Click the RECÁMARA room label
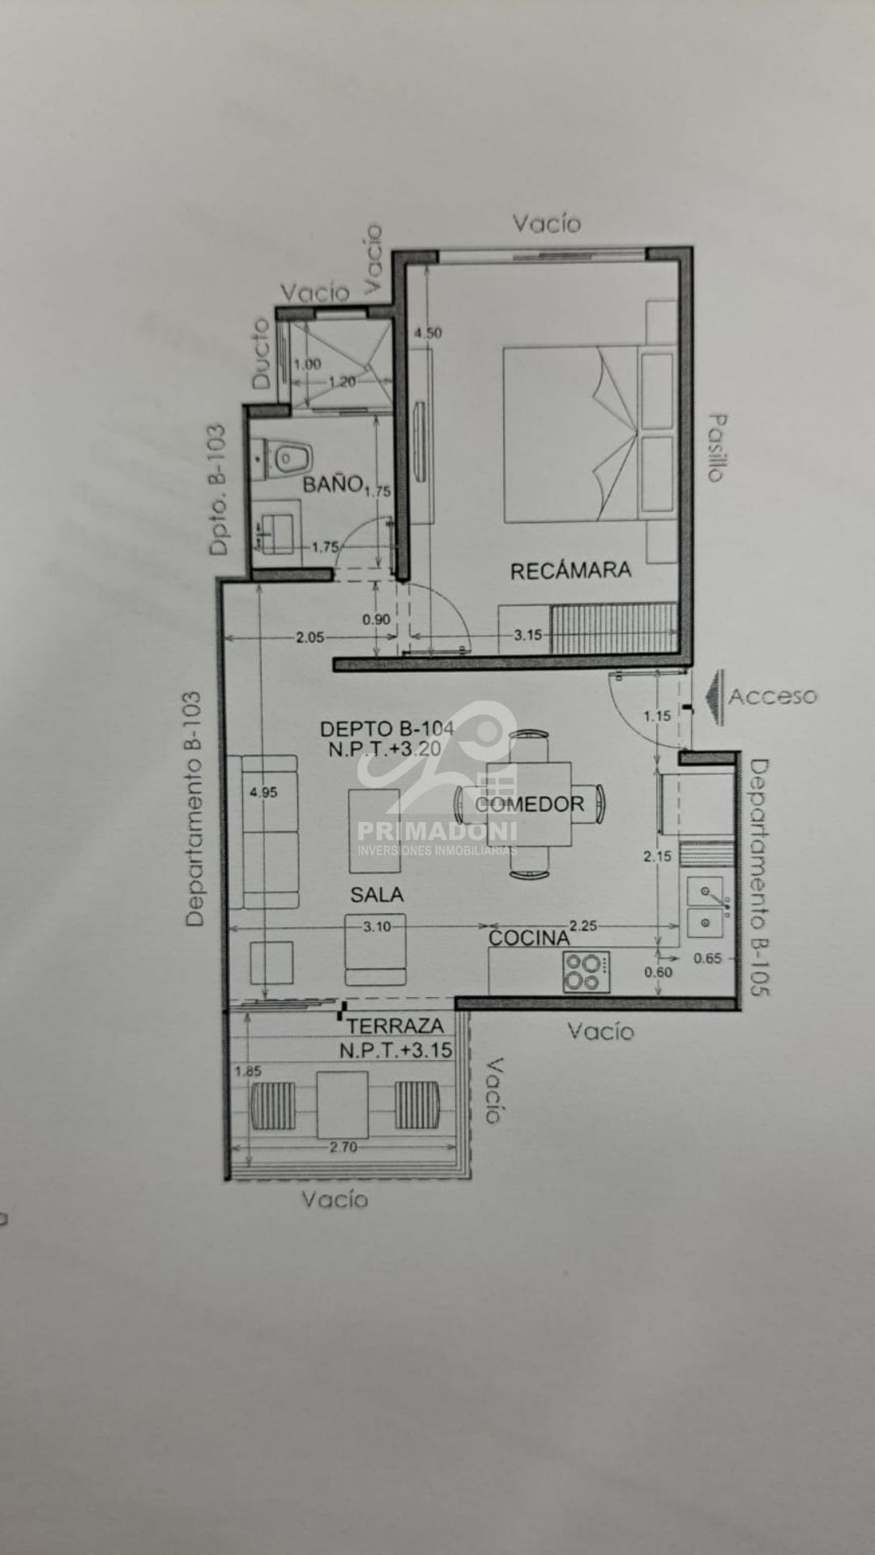(x=570, y=570)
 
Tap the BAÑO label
(x=332, y=484)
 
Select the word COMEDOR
(x=530, y=804)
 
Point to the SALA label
(x=377, y=894)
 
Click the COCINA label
(x=529, y=938)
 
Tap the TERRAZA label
(x=395, y=1026)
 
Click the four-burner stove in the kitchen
(x=587, y=971)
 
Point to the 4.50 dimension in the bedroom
(x=428, y=333)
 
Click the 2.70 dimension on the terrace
(x=344, y=1147)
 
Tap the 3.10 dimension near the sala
(x=377, y=927)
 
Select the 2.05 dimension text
(x=309, y=637)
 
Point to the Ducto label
(x=260, y=353)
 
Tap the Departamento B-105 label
(x=759, y=877)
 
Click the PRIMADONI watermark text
(x=437, y=831)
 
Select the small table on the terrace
(x=343, y=1105)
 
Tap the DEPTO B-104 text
(x=386, y=728)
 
